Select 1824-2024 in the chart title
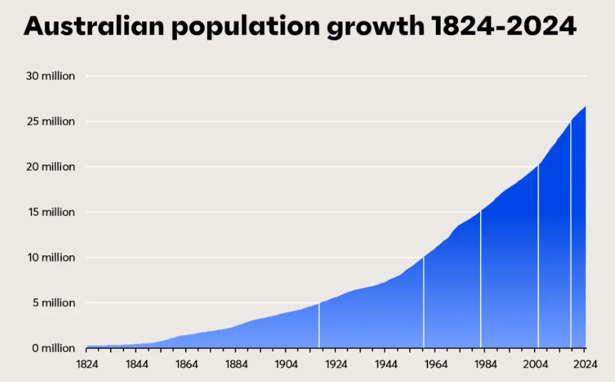[504, 26]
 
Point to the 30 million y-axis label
[50, 76]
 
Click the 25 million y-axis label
[50, 122]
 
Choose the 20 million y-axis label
[50, 167]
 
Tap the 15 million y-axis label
[50, 212]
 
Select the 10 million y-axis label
[50, 257]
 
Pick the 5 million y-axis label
[52, 303]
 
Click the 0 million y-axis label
[52, 348]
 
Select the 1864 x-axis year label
[186, 364]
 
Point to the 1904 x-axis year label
[286, 364]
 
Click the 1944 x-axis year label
[386, 364]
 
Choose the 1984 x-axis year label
[485, 364]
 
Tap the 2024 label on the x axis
[585, 364]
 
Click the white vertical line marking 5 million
[319, 325]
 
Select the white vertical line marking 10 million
[423, 302]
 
